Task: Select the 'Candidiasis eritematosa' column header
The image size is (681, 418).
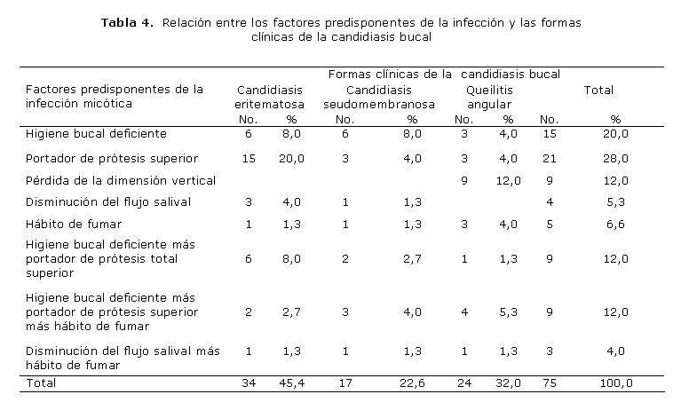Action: pos(269,97)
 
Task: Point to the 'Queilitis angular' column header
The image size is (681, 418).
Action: pos(488,97)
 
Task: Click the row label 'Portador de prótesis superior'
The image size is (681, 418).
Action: pos(111,159)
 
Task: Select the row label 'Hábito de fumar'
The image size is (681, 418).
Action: pos(74,223)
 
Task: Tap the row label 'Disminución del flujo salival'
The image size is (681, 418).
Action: pos(108,201)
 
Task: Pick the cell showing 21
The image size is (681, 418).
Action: pos(550,159)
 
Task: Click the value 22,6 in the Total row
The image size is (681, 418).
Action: pos(412,383)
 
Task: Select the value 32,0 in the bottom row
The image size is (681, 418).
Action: pos(508,383)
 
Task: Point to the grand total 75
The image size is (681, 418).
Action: pos(550,383)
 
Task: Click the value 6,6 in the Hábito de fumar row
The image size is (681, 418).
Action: pos(616,223)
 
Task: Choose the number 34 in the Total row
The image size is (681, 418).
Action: pos(249,383)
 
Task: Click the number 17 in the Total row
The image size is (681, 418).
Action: pos(346,383)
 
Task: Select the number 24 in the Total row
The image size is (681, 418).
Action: pos(463,383)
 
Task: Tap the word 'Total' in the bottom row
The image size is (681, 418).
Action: pos(41,383)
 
